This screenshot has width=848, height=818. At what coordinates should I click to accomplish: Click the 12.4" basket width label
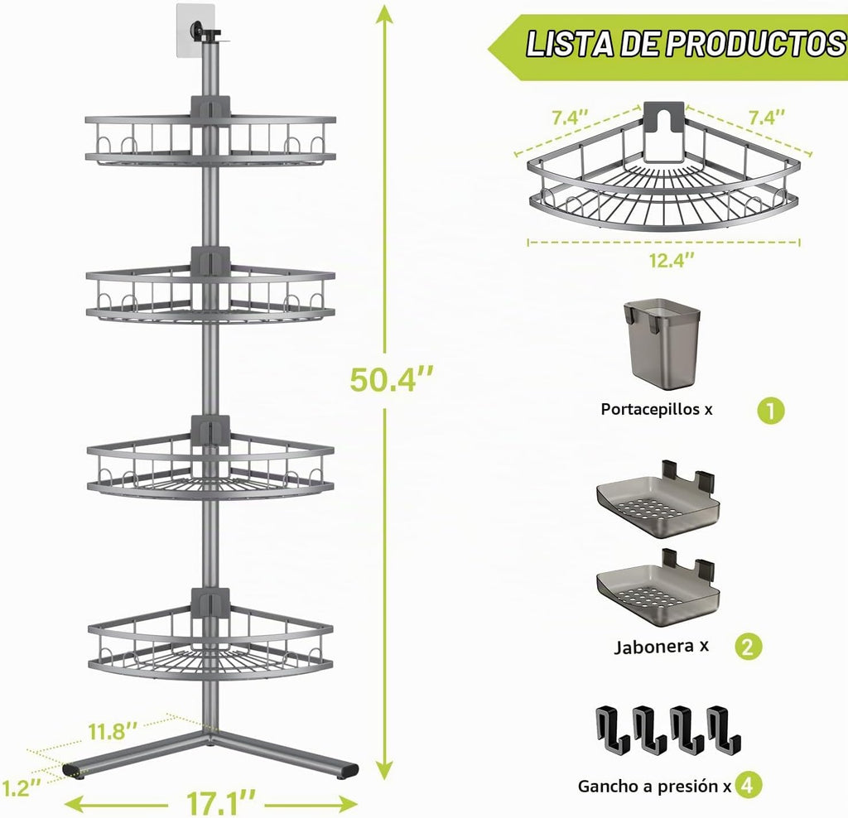coord(672,261)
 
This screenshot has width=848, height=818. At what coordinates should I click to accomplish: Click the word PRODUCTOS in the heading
coord(755,44)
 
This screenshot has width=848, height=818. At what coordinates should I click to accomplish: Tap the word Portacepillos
coord(650,409)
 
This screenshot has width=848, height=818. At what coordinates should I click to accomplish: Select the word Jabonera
coord(653,647)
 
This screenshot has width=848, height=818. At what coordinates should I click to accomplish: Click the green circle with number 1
coord(770,411)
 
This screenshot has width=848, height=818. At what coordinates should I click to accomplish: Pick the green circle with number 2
coord(748,646)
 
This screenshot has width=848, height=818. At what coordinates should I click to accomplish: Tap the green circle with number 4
coord(748,786)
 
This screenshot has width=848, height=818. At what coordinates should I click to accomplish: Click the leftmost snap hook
coord(613,729)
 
